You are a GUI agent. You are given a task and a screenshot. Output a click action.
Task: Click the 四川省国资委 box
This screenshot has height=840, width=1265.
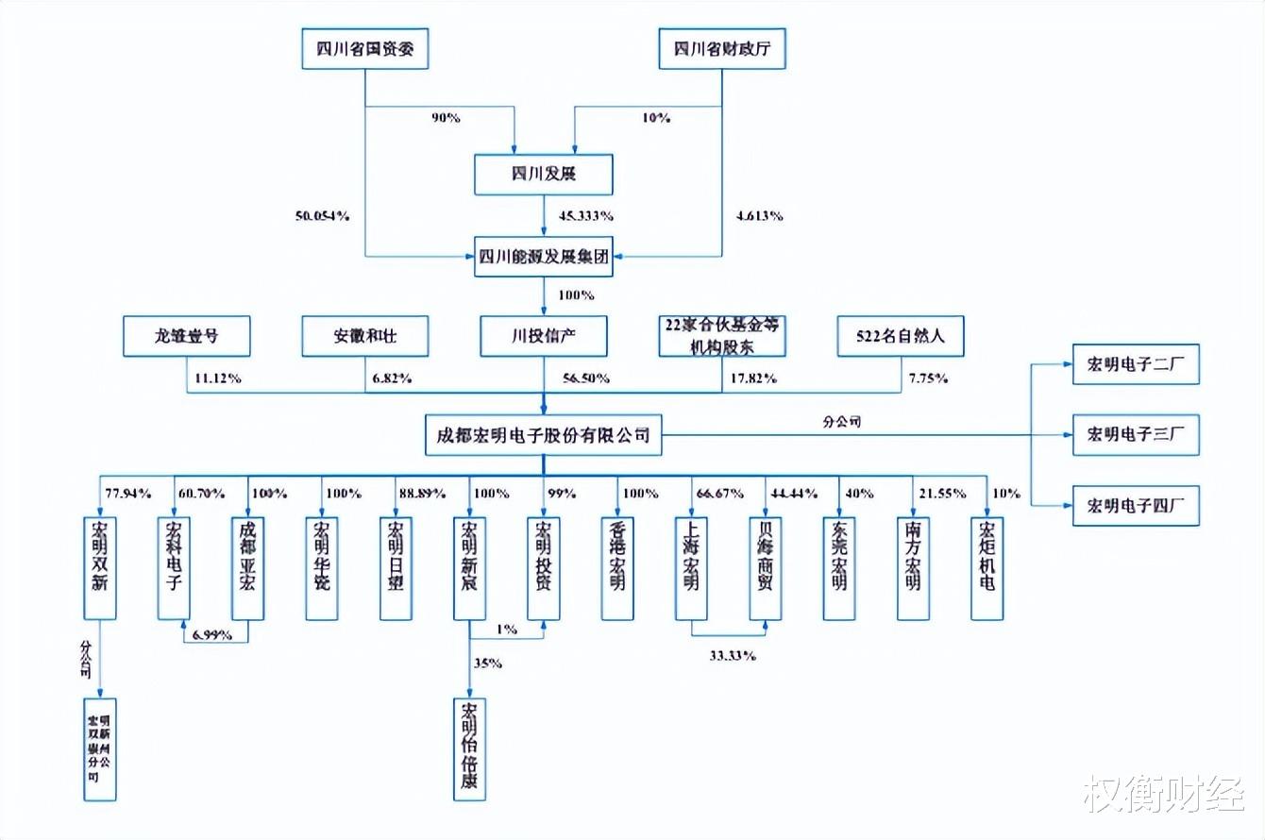[x=364, y=49]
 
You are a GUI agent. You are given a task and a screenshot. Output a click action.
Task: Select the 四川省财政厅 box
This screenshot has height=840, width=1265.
[x=721, y=49]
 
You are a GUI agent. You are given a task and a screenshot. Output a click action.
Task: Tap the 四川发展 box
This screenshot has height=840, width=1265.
[x=543, y=175]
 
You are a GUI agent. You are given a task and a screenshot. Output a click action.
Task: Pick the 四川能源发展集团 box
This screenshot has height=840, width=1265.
[x=543, y=257]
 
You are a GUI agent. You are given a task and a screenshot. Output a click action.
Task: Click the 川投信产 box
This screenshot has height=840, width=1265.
[x=543, y=336]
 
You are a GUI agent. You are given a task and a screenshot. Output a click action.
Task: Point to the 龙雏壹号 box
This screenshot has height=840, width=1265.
[x=187, y=336]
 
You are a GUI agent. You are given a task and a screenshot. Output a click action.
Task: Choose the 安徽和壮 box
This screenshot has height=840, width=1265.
[x=364, y=336]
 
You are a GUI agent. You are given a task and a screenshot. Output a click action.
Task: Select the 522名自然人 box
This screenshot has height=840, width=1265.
[x=900, y=336]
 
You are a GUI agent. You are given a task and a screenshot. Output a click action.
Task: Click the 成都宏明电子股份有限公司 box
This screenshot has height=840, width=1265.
[x=543, y=436]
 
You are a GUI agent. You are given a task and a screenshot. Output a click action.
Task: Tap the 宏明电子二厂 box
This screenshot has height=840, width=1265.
[x=1136, y=364]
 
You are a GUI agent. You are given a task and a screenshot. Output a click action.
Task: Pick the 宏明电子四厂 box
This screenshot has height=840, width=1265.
[x=1136, y=505]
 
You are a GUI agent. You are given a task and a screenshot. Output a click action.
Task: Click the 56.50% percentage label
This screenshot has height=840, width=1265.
[x=585, y=378]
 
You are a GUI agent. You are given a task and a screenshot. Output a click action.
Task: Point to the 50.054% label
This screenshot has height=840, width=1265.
[x=322, y=216]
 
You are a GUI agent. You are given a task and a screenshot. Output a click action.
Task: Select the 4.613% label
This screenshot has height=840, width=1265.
[x=758, y=216]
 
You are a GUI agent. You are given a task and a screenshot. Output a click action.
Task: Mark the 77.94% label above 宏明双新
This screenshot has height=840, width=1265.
[x=128, y=494]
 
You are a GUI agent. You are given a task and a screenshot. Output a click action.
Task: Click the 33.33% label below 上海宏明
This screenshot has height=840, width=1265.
[x=732, y=655]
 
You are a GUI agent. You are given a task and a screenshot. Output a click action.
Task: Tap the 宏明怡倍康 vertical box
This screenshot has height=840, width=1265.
[x=469, y=750]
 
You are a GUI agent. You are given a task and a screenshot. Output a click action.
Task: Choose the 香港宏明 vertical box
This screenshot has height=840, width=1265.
[x=617, y=568]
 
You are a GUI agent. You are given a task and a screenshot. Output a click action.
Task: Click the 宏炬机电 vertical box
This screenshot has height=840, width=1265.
[x=987, y=568]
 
